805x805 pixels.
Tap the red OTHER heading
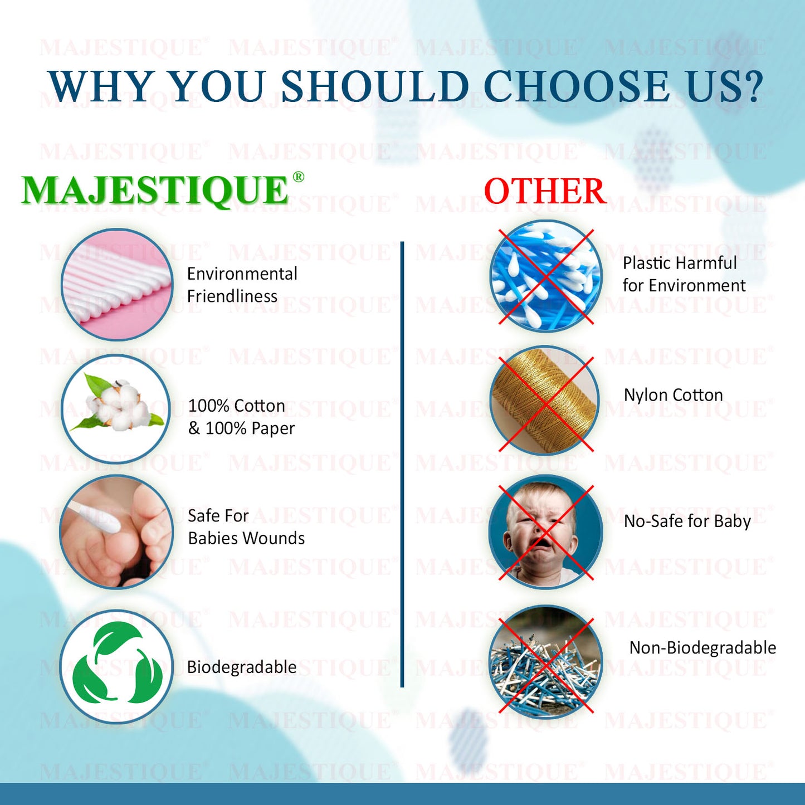(545, 191)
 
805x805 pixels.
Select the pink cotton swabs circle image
(117, 284)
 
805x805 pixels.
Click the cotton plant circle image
(116, 408)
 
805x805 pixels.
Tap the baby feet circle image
(116, 531)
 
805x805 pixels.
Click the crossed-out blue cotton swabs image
(545, 276)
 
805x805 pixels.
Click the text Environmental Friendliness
(242, 285)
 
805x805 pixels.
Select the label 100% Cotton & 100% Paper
(241, 417)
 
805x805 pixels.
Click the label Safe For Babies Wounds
(246, 527)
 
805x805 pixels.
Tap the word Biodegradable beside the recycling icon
(241, 667)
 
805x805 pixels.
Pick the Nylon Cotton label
(673, 395)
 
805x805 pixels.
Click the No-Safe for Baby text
(687, 521)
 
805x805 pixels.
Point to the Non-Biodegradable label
(702, 647)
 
